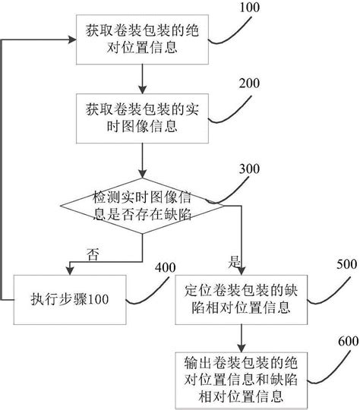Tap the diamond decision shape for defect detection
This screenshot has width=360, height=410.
point(142,206)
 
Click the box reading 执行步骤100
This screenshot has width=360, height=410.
point(70,298)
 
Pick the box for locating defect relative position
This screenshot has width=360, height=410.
point(241,299)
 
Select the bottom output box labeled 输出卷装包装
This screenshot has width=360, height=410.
point(241,377)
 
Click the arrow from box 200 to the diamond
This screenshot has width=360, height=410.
point(142,159)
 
